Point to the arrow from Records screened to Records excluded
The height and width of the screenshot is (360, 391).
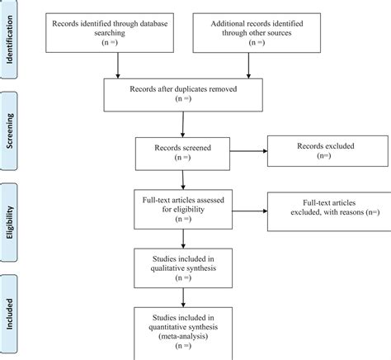click(x=248, y=152)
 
